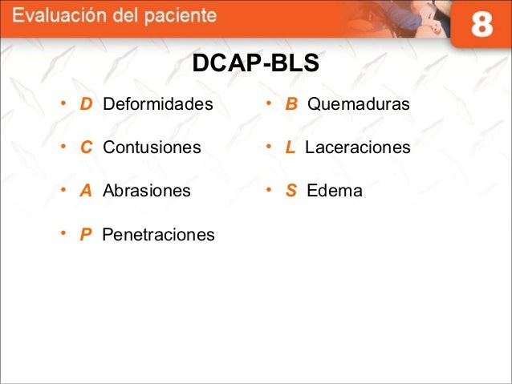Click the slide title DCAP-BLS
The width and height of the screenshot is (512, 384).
pos(255,63)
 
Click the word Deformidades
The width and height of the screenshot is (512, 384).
pos(158,105)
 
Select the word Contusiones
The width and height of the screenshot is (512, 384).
pos(152,148)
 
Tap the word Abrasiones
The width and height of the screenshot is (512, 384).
pos(147,192)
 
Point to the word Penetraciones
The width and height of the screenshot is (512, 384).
pos(158,235)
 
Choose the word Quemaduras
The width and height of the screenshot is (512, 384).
pos(359,105)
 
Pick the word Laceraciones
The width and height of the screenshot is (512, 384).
pos(357,148)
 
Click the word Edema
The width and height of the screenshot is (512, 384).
pos(335,192)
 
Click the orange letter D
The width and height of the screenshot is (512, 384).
pos(85,105)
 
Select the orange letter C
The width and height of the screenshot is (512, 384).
pos(85,148)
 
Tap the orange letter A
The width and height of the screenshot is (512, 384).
pos(85,192)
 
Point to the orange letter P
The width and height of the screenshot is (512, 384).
pos(85,235)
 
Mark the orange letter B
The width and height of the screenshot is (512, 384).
pos(291,105)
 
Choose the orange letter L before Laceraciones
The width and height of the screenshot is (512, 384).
pos(290,148)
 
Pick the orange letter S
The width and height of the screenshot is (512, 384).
pos(291,192)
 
